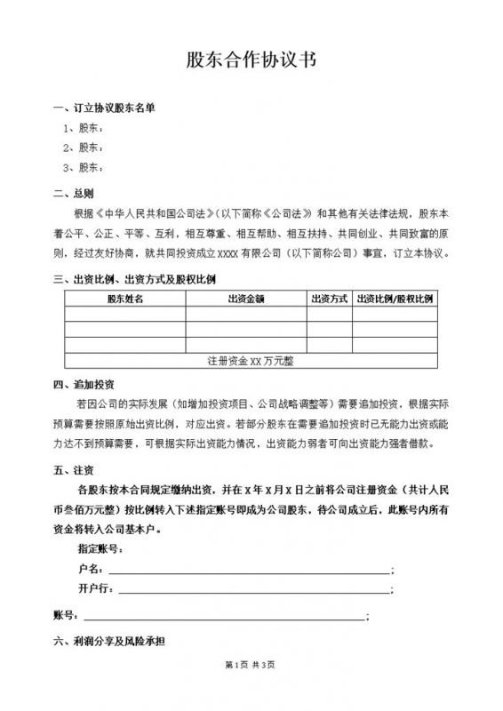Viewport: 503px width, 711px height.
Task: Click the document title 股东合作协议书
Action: coord(251,60)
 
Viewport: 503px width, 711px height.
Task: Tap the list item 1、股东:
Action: coord(85,128)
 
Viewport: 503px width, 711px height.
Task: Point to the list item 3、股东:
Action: coord(85,167)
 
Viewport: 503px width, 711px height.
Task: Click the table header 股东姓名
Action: coord(124,300)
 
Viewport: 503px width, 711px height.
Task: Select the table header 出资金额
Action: coord(246,300)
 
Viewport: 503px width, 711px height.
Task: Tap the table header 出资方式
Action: coord(329,300)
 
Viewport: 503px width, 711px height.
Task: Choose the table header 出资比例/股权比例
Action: coord(394,300)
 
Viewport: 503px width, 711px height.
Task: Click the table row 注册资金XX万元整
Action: coord(251,361)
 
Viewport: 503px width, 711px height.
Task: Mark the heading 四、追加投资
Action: coord(84,385)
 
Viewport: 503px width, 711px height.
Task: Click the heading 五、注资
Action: coord(75,469)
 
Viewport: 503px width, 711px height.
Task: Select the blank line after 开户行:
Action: coord(252,591)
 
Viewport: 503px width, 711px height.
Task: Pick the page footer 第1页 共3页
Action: coord(251,690)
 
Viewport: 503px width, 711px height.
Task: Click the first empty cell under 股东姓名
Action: coord(124,315)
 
